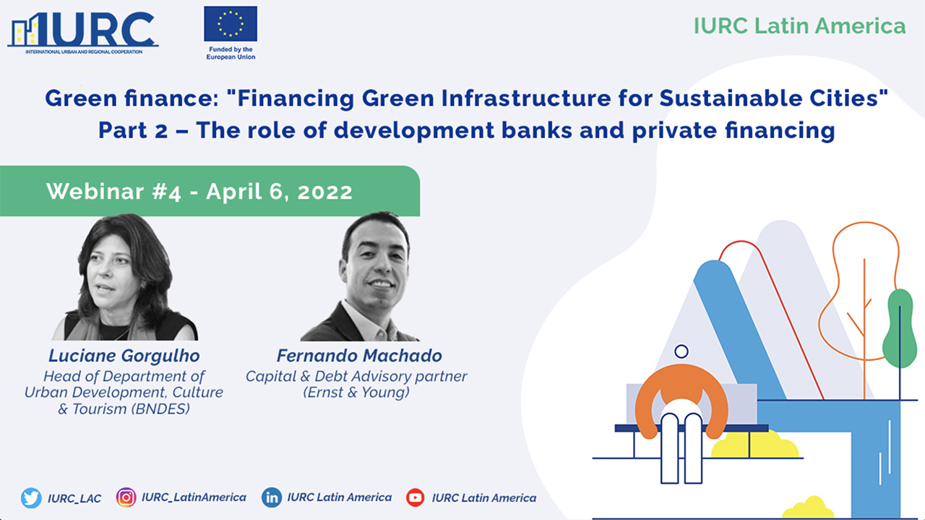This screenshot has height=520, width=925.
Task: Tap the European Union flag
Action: pyautogui.click(x=231, y=24)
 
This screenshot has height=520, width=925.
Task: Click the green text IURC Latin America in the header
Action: pyautogui.click(x=799, y=26)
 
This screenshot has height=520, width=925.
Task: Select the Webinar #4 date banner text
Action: pyautogui.click(x=199, y=191)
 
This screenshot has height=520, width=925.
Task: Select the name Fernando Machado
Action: pyautogui.click(x=358, y=356)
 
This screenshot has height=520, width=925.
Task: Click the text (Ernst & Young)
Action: pyautogui.click(x=357, y=393)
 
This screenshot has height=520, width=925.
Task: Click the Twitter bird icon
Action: pyautogui.click(x=31, y=498)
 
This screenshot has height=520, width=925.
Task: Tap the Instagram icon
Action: pyautogui.click(x=126, y=498)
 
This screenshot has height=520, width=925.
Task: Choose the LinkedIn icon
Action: pyautogui.click(x=272, y=498)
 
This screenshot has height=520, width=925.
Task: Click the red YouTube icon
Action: pyautogui.click(x=416, y=498)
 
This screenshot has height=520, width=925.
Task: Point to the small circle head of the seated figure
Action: pyautogui.click(x=681, y=352)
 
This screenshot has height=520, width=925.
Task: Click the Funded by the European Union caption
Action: pyautogui.click(x=231, y=53)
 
